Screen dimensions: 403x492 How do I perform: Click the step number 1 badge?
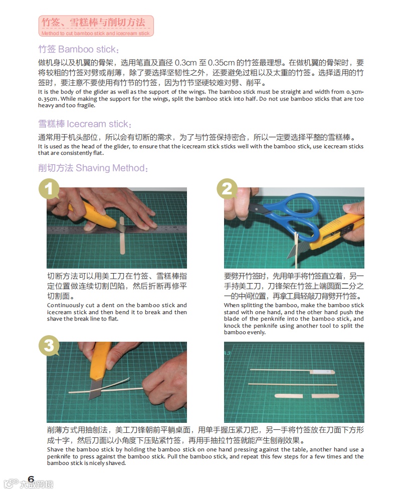coord(49,189)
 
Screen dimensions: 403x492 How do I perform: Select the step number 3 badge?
coord(49,346)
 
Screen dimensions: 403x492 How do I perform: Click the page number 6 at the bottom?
coord(31,479)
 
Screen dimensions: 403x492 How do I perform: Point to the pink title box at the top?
coord(96,26)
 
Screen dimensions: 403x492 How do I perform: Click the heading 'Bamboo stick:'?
coord(89,49)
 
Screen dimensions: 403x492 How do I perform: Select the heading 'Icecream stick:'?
coord(99,124)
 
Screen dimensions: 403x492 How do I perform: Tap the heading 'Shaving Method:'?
coord(112,168)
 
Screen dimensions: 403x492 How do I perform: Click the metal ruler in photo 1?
coord(117,230)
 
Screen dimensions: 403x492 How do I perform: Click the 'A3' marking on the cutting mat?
coord(228,353)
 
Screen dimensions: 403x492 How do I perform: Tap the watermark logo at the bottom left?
coord(28,483)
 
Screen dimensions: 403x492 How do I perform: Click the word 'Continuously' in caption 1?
coord(65,305)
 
